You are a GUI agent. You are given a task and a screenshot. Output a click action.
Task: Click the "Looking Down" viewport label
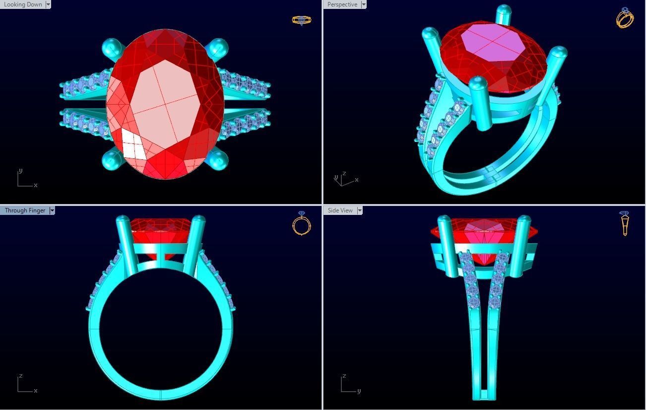(23, 4)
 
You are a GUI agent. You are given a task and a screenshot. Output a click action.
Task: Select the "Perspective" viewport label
(342, 4)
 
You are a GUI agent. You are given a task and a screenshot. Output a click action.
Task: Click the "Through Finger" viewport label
(25, 210)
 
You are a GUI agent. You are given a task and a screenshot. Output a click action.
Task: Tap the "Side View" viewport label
(340, 210)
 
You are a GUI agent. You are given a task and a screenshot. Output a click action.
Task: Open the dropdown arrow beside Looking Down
(48, 4)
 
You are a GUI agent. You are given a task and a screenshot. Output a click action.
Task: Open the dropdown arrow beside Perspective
(364, 4)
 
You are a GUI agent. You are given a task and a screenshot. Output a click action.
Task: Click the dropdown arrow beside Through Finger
(52, 210)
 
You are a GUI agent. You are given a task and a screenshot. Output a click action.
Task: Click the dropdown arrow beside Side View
(359, 210)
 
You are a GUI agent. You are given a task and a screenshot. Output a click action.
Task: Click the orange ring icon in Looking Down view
(301, 20)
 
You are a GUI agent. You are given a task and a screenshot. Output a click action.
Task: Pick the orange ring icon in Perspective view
(625, 18)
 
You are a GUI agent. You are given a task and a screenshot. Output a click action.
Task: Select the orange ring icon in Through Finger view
(302, 224)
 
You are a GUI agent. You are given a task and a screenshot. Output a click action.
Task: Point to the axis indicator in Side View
(349, 384)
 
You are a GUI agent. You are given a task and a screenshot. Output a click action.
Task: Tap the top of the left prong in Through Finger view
(122, 219)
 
